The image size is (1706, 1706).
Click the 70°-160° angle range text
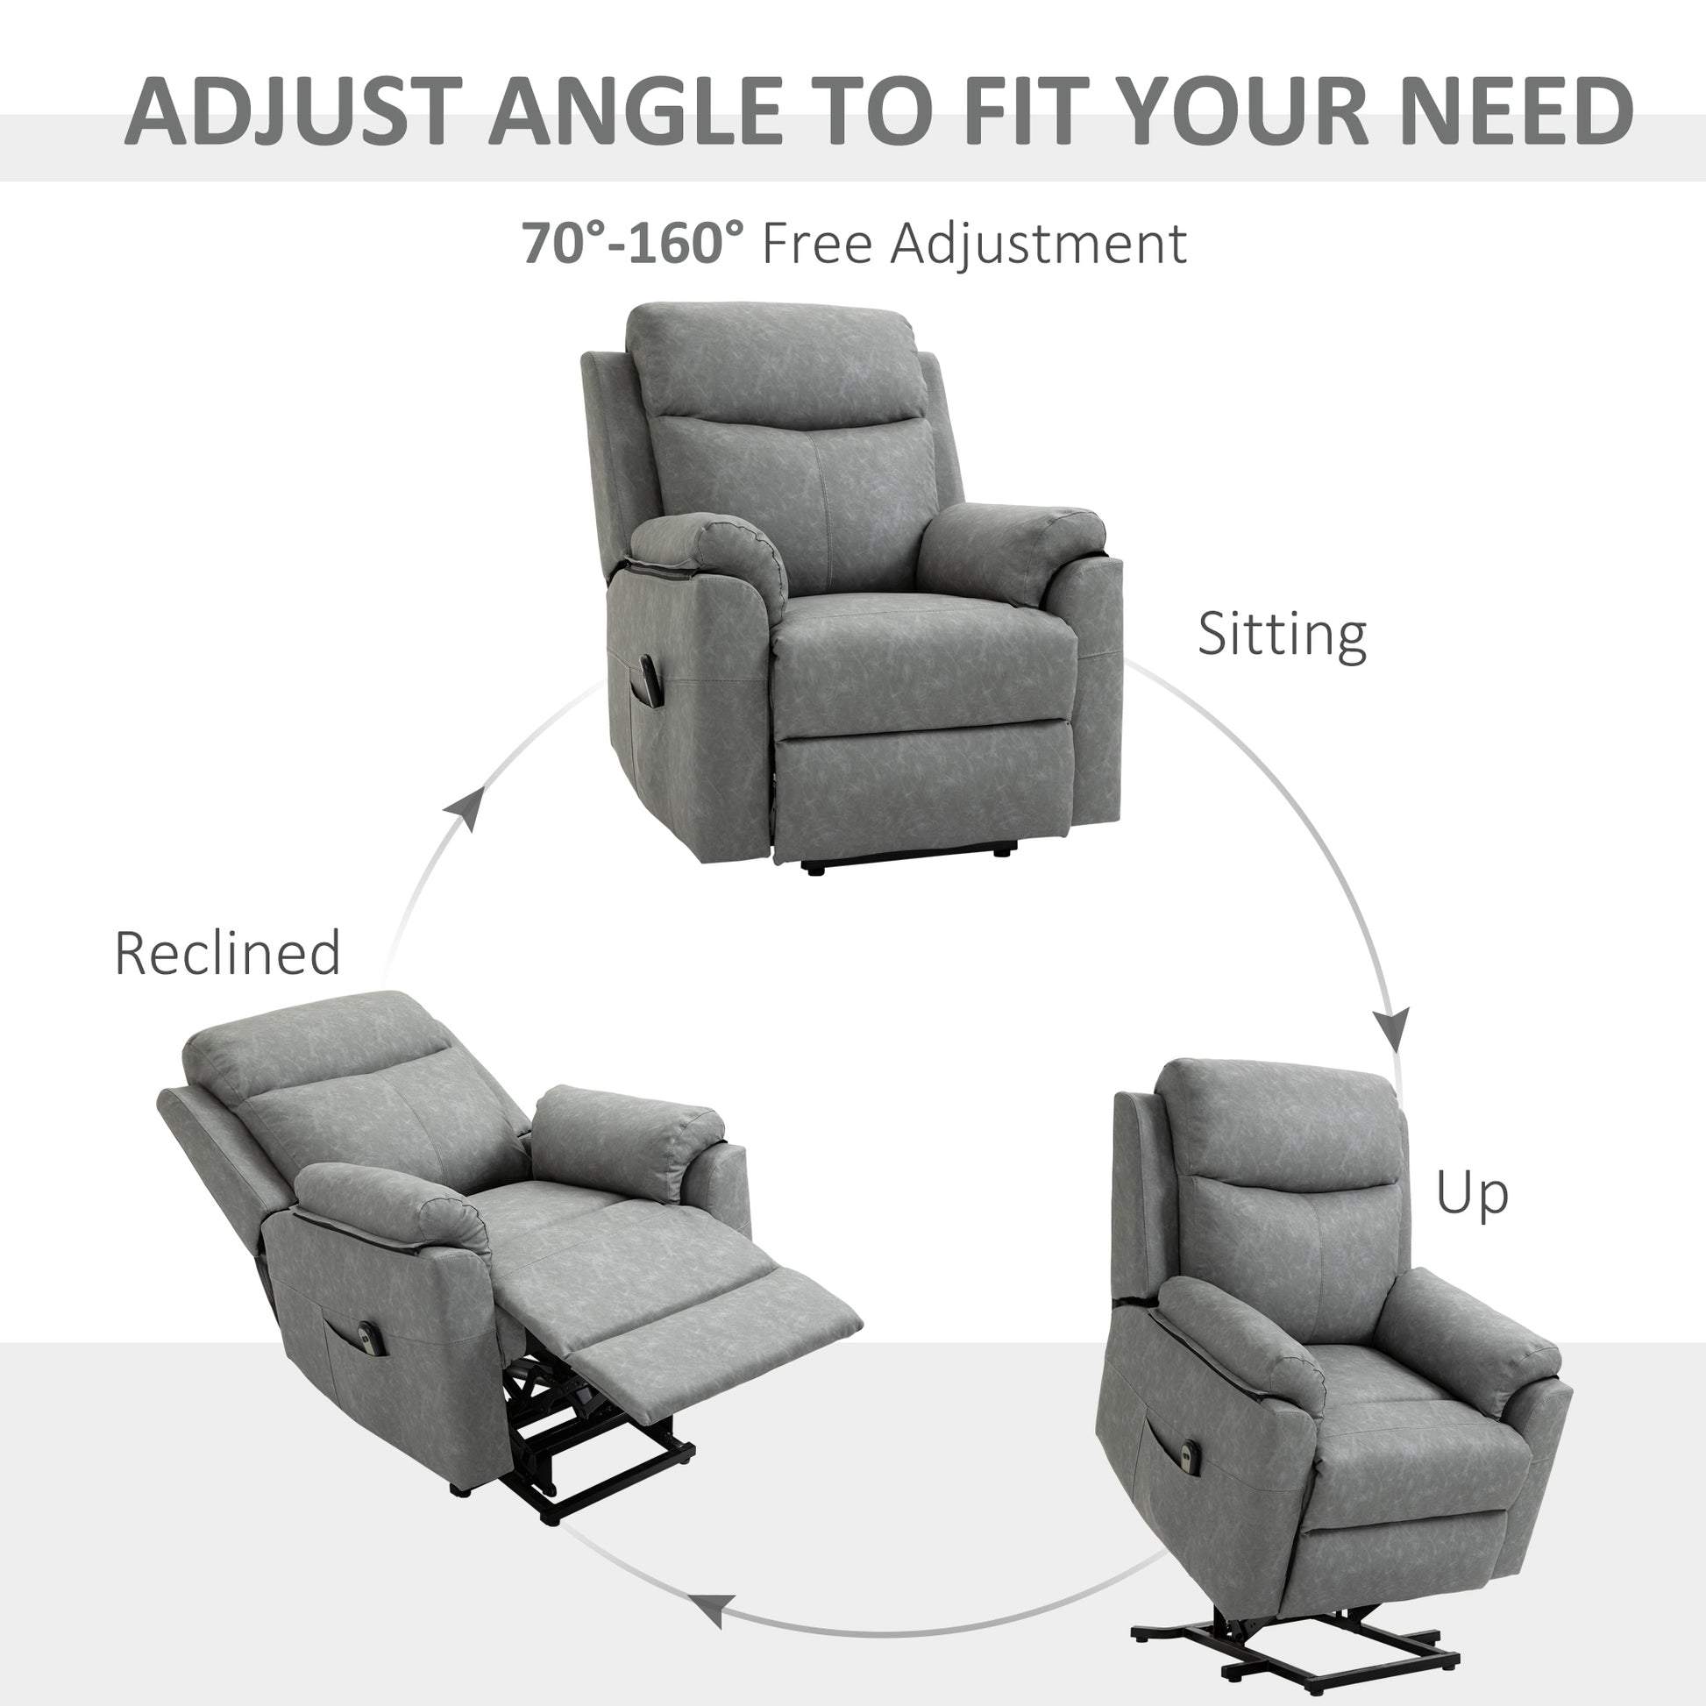[632, 243]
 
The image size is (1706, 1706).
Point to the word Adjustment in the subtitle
[1039, 243]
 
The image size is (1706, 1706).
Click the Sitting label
[1282, 634]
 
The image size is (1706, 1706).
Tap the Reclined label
[227, 954]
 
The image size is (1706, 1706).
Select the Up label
[1471, 1194]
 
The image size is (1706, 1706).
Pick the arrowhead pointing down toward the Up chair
[1392, 1027]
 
